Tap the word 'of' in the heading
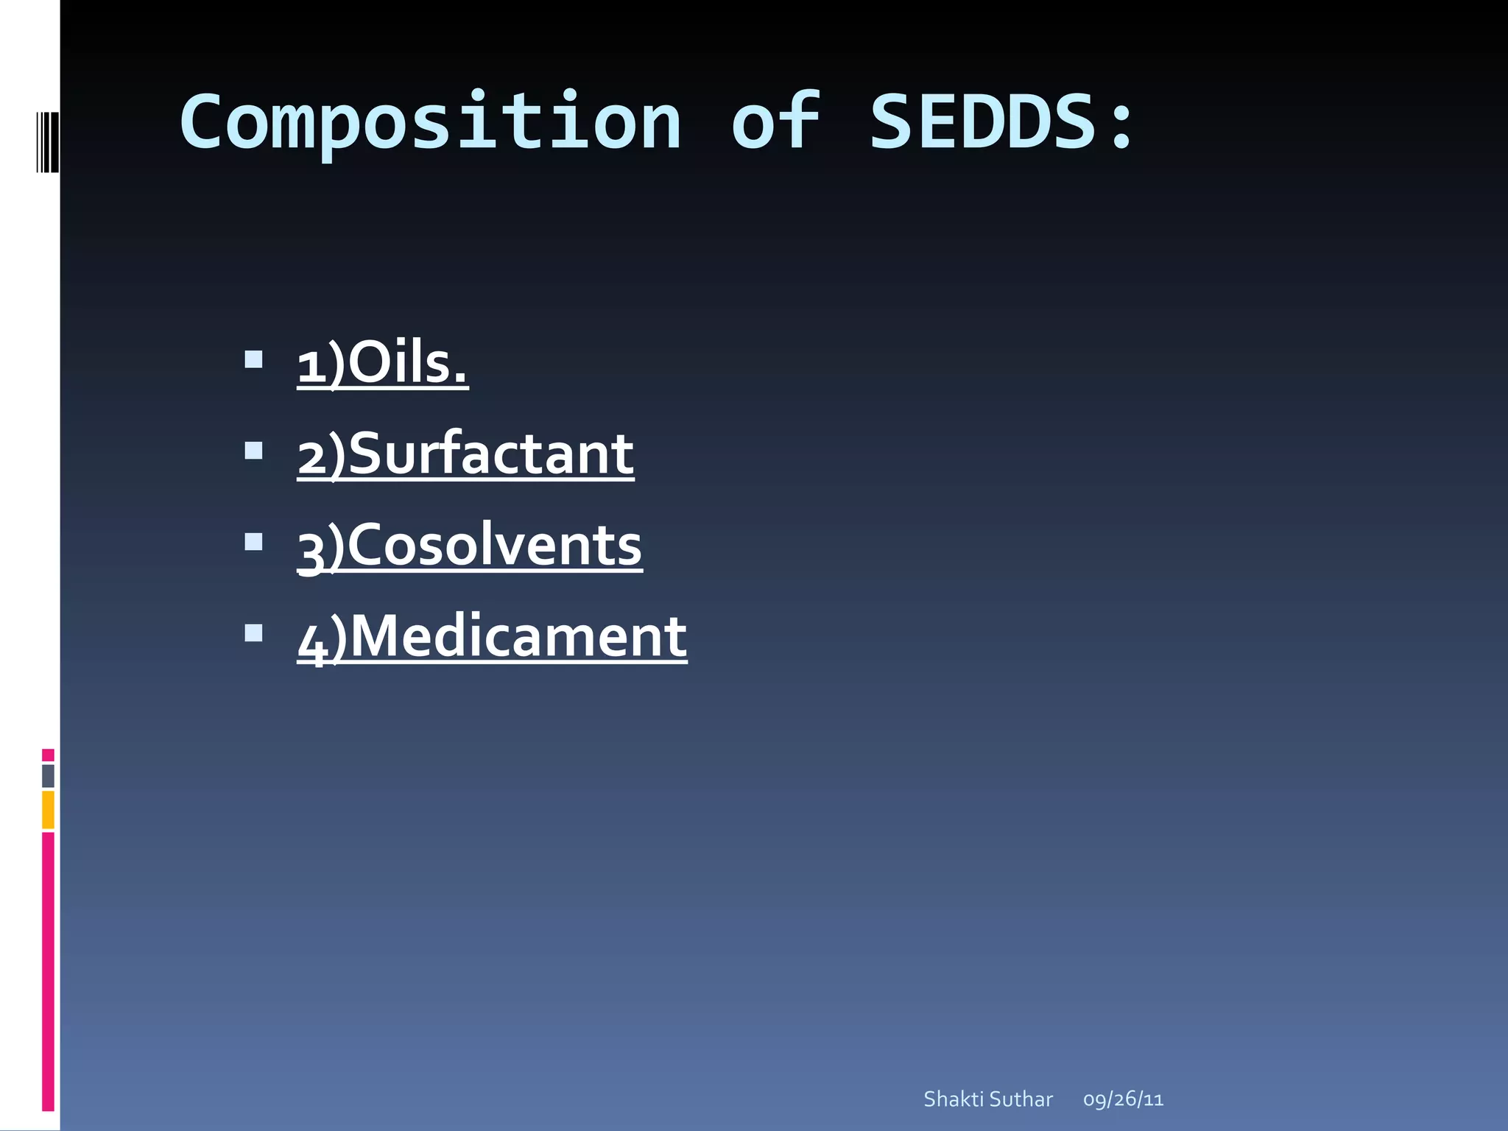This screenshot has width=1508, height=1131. pos(775,121)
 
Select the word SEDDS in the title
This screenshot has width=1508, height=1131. pos(983,121)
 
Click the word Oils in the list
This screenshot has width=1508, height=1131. pos(406,363)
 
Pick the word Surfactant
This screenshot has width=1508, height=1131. pos(490,454)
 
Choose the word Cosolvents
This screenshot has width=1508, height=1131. pos(493,546)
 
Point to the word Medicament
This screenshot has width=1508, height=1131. pos(517,636)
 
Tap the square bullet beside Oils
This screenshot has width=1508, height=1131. pos(253,359)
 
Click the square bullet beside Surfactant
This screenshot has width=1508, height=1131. pos(253,450)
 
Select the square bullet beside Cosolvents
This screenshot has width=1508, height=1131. pos(253,542)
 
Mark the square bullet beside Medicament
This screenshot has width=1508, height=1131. pos(253,633)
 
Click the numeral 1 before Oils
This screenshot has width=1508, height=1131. pos(311,366)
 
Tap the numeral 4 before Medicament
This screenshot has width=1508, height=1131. pos(312,641)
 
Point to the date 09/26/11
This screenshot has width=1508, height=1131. pos(1123,1099)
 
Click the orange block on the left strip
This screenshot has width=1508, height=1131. pos(48,809)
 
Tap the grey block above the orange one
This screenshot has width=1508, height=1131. pos(48,775)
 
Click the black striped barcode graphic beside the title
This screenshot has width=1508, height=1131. pos(47,142)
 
